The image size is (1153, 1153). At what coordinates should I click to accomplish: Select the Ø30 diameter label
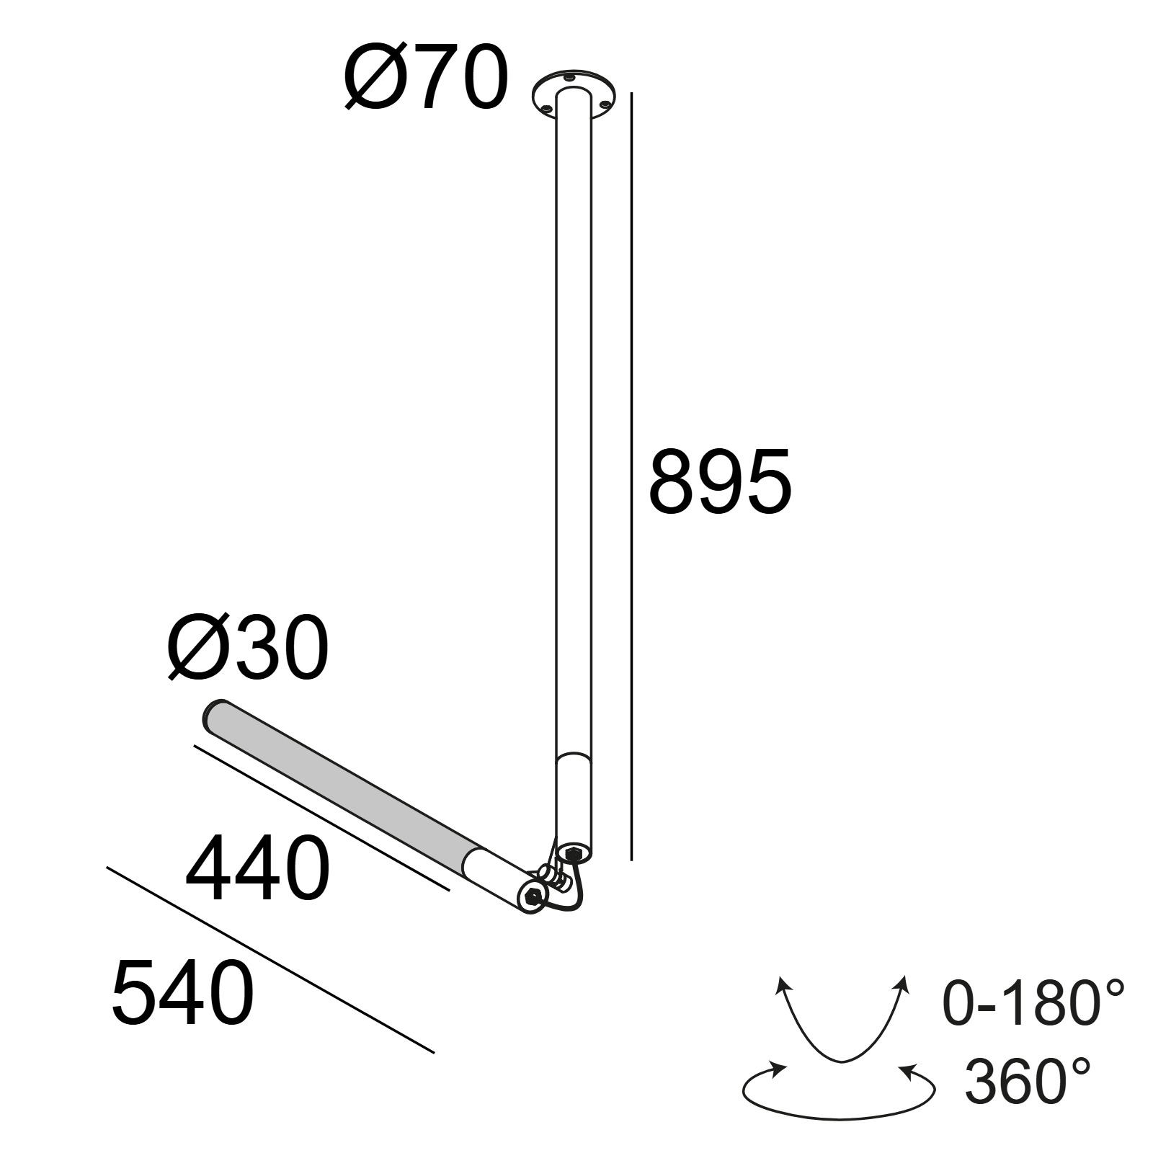pos(248,648)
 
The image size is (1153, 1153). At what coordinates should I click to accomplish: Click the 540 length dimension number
pos(183,992)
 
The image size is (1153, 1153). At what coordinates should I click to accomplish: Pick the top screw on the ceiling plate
pos(570,77)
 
